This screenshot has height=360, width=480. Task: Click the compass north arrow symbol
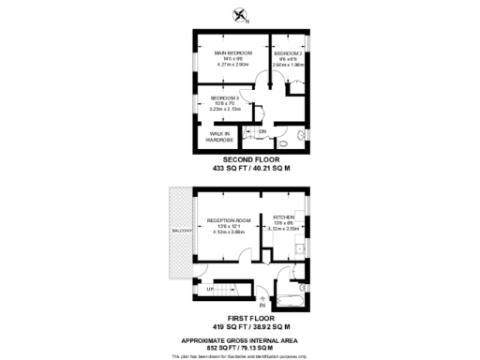tap(241, 14)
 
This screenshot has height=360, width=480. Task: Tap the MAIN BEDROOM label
tap(232, 52)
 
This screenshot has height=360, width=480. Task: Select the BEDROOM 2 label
tap(287, 54)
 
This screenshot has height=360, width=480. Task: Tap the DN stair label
tap(262, 131)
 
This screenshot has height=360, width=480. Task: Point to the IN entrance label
tap(262, 306)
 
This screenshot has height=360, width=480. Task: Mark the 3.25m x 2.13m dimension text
tap(225, 110)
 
